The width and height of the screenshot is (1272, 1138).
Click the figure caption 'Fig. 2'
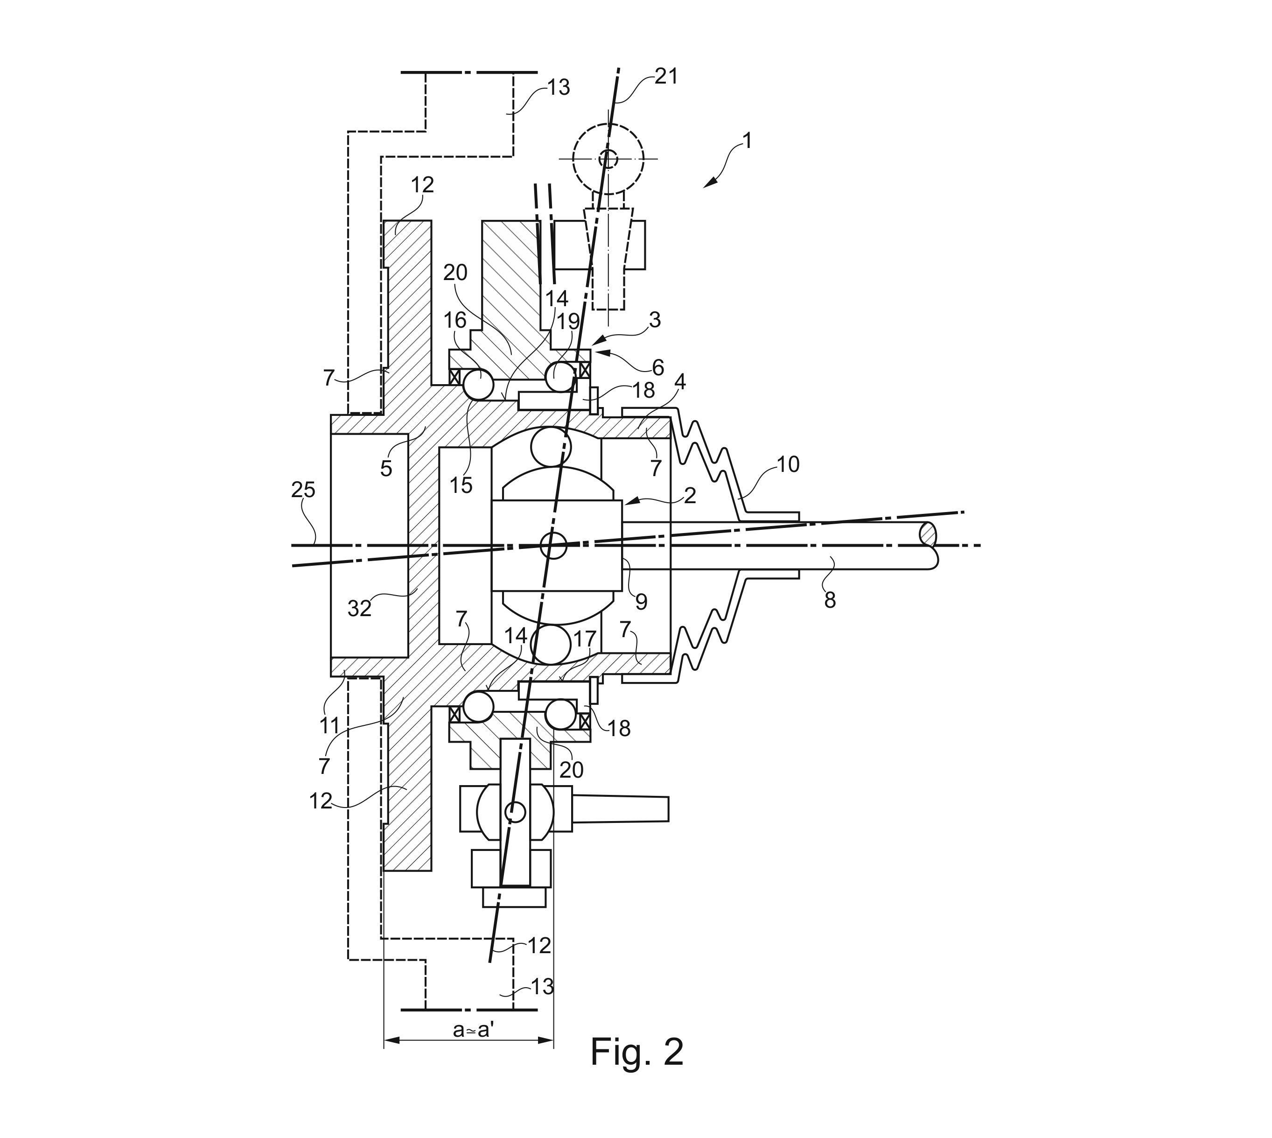pos(636,1052)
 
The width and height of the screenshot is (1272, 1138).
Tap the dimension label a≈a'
pos(473,1030)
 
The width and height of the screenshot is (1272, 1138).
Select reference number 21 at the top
pos(666,76)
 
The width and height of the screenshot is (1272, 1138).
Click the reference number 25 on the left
pos(303,490)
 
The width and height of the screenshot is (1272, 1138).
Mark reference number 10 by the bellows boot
pos(788,464)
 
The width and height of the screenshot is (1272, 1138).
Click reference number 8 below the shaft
pos(830,600)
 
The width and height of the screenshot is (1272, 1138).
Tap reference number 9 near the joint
pos(641,602)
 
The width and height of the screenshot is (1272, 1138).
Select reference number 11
pos(329,725)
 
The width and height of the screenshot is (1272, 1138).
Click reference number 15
pos(461,485)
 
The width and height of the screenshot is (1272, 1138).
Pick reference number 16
pos(454,320)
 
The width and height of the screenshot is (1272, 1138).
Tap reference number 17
pos(585,639)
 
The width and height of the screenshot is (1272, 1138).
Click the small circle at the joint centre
pos(553,545)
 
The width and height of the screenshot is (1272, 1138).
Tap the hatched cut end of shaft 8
pos(928,535)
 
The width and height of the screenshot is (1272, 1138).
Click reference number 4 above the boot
pos(679,382)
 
